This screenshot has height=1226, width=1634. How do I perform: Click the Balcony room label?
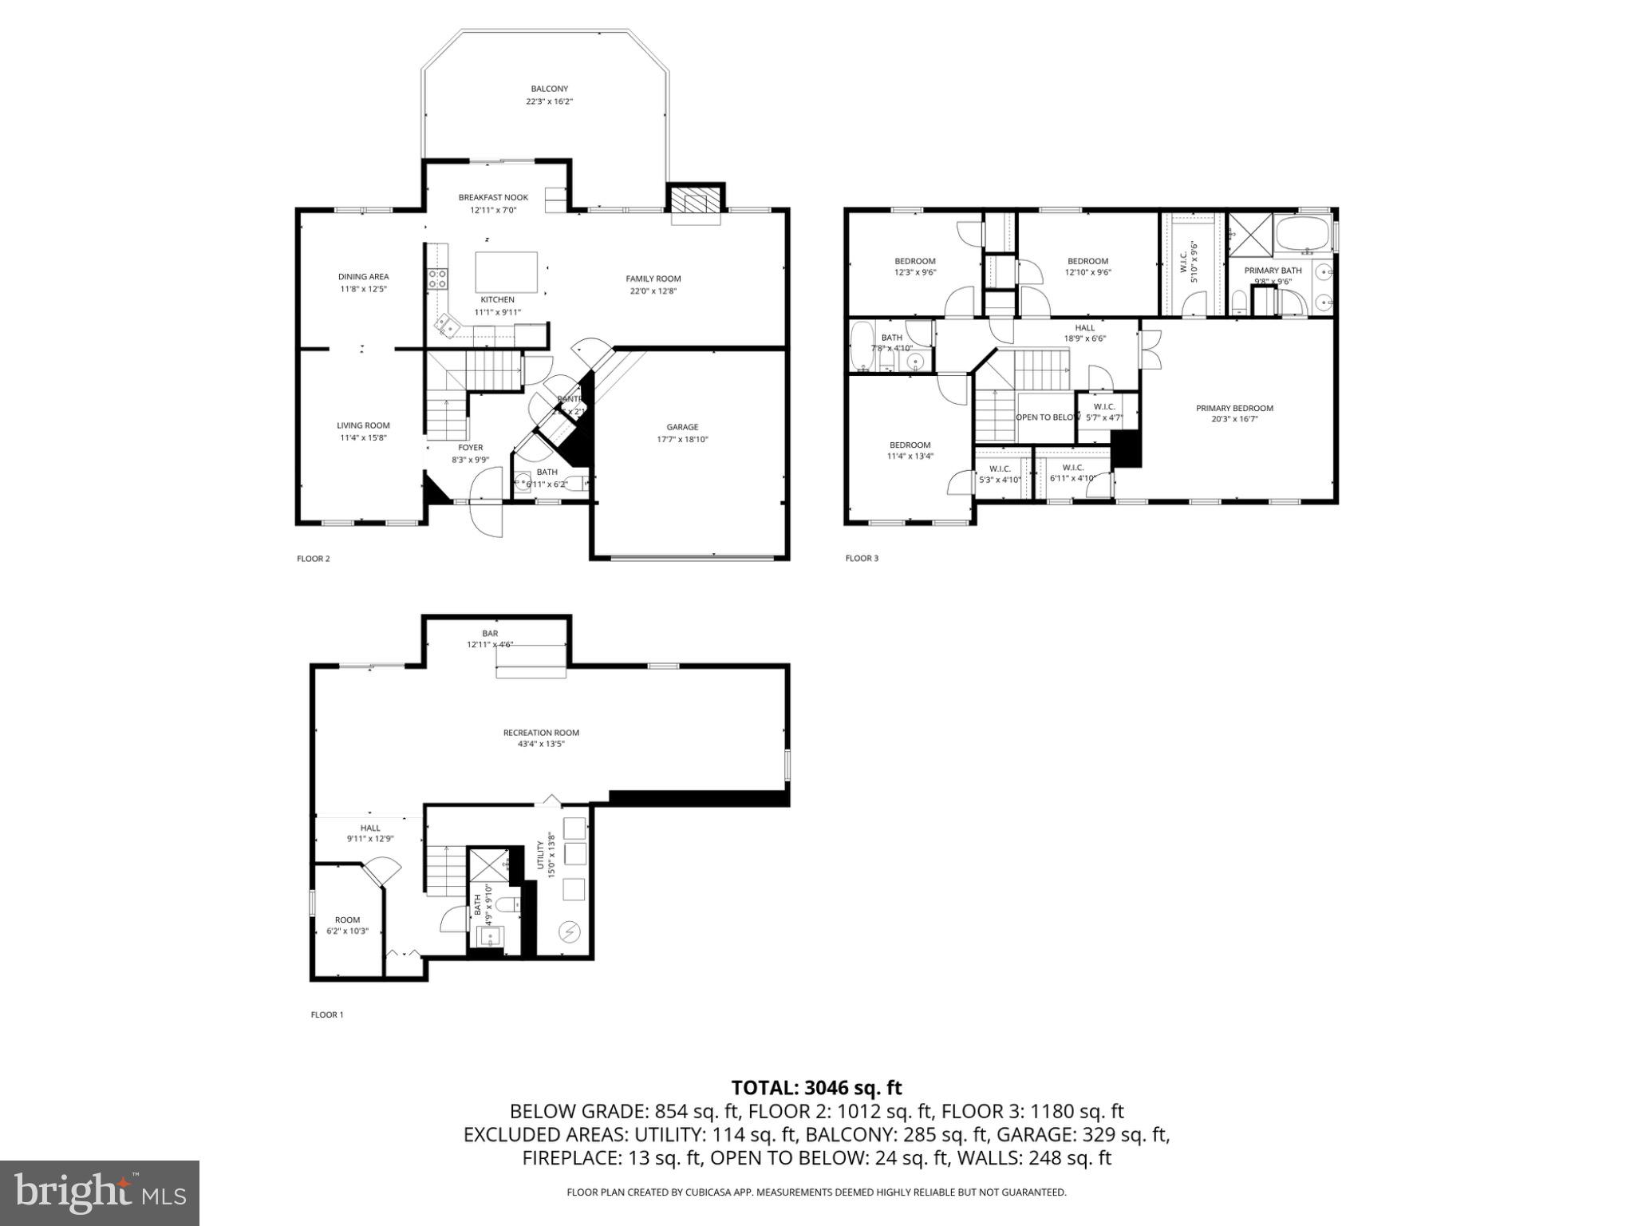click(549, 89)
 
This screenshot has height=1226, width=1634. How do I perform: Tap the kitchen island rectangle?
click(507, 272)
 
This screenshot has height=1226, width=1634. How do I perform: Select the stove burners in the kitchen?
click(437, 278)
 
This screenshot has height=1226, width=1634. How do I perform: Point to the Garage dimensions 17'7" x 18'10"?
click(682, 439)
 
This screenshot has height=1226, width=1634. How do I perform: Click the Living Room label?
click(363, 425)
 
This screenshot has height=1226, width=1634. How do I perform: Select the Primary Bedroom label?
click(1234, 408)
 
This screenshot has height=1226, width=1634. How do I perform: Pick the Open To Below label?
click(1048, 417)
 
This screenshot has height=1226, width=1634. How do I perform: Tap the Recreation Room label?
click(541, 733)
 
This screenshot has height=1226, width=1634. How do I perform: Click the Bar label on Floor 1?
click(490, 633)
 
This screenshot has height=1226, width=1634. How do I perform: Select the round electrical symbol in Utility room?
click(570, 930)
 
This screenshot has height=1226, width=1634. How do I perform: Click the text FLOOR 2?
click(313, 559)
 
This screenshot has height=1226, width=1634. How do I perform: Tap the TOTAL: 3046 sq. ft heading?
click(816, 1087)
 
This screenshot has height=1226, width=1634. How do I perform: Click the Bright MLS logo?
click(100, 1193)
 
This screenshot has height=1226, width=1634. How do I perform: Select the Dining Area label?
click(363, 277)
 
